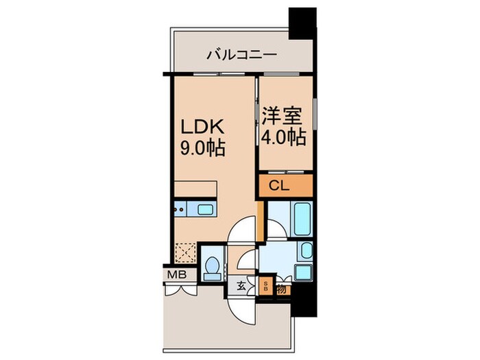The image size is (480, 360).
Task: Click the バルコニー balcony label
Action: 240,53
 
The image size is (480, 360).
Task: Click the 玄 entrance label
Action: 242,287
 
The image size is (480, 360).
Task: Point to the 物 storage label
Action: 281,289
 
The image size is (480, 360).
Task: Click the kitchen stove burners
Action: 180,207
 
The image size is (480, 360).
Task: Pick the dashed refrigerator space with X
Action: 184,254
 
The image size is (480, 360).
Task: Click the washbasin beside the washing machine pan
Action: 307,252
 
